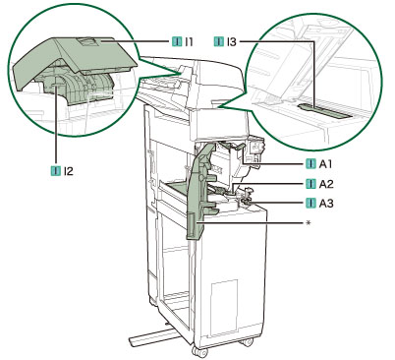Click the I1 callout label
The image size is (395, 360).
click(188, 42)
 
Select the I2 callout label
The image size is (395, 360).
click(69, 171)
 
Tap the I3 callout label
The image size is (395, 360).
click(231, 42)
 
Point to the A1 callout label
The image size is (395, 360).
click(325, 164)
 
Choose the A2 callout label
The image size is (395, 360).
click(326, 184)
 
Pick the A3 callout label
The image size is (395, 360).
click(326, 204)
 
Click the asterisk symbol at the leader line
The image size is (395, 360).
click(308, 223)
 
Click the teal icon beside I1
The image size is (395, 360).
click(177, 42)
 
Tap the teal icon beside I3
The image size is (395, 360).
click(219, 42)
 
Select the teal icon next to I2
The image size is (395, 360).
click(56, 171)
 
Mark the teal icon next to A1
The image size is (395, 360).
click(310, 164)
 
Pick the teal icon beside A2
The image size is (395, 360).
click(310, 184)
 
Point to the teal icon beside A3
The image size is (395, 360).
click(310, 204)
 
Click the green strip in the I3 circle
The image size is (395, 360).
click(326, 110)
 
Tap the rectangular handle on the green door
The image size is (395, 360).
click(191, 225)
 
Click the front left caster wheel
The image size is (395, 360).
click(199, 352)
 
